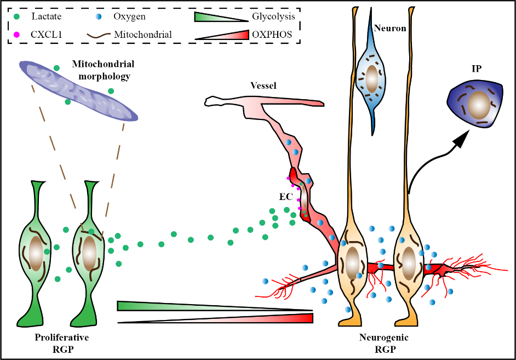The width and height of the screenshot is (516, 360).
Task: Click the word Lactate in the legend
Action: pos(47,17)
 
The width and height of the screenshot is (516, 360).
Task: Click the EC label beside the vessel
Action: pos(285,195)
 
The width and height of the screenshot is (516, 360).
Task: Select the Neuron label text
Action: pos(391,28)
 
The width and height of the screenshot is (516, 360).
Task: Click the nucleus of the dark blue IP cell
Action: pos(478,104)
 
